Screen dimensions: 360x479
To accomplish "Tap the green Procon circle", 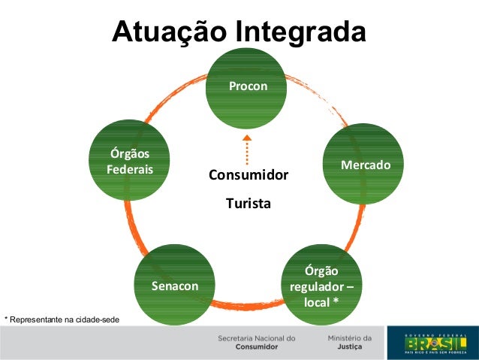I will (x=248, y=88).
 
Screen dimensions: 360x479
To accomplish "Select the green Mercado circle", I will (x=366, y=164).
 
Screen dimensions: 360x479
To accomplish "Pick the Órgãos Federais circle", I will (x=129, y=162).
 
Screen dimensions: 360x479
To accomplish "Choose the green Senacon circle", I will (x=175, y=286).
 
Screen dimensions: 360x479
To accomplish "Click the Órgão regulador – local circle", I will (x=321, y=286).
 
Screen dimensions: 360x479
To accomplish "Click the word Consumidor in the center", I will (x=249, y=175).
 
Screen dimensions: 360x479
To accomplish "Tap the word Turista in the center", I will (x=249, y=203).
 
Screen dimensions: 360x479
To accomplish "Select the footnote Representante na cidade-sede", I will (x=63, y=320).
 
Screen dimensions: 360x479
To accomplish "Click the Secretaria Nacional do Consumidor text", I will (x=256, y=343).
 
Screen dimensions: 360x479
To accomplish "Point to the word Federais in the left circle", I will (x=130, y=170).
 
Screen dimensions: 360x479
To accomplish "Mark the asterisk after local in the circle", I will (x=336, y=303).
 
